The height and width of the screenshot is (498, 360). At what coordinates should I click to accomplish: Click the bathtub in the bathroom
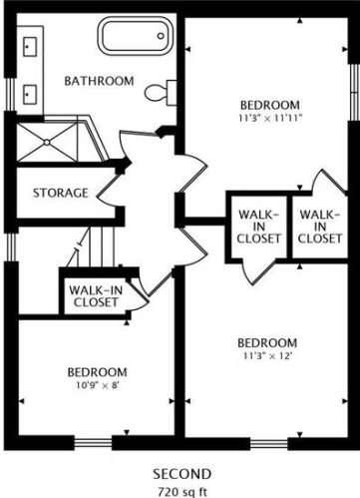pyautogui.click(x=136, y=36)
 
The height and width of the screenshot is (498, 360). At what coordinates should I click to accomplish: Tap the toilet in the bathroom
pyautogui.click(x=161, y=93)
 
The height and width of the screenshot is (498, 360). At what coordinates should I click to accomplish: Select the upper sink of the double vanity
pyautogui.click(x=30, y=47)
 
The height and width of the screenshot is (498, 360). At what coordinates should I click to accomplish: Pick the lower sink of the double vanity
pyautogui.click(x=30, y=95)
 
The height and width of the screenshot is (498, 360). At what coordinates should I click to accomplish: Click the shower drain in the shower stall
pyautogui.click(x=47, y=143)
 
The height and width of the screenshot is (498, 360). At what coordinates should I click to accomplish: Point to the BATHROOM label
pyautogui.click(x=99, y=81)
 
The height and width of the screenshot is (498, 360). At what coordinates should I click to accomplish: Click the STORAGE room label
pyautogui.click(x=61, y=193)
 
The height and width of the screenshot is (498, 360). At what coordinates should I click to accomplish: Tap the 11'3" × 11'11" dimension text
pyautogui.click(x=270, y=118)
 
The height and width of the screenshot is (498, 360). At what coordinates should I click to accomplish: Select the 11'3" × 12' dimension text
pyautogui.click(x=267, y=356)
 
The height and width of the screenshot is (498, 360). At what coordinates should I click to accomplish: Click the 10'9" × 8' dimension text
pyautogui.click(x=98, y=385)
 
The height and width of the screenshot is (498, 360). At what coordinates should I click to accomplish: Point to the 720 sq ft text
pyautogui.click(x=181, y=491)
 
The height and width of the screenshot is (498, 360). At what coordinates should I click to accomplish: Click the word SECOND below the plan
pyautogui.click(x=181, y=474)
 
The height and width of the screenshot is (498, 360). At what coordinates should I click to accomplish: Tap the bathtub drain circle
pyautogui.click(x=161, y=36)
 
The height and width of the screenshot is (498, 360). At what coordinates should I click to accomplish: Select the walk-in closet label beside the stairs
pyautogui.click(x=96, y=296)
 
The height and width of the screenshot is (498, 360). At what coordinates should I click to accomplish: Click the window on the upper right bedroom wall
pyautogui.click(x=355, y=92)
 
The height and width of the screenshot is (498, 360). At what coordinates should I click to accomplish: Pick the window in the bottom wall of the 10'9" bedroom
pyautogui.click(x=93, y=443)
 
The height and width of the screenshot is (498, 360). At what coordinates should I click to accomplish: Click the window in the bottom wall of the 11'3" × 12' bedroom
pyautogui.click(x=269, y=443)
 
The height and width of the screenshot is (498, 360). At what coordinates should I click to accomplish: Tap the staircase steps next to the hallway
pyautogui.click(x=91, y=247)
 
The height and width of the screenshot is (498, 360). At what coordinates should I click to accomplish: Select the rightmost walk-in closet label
pyautogui.click(x=320, y=227)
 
